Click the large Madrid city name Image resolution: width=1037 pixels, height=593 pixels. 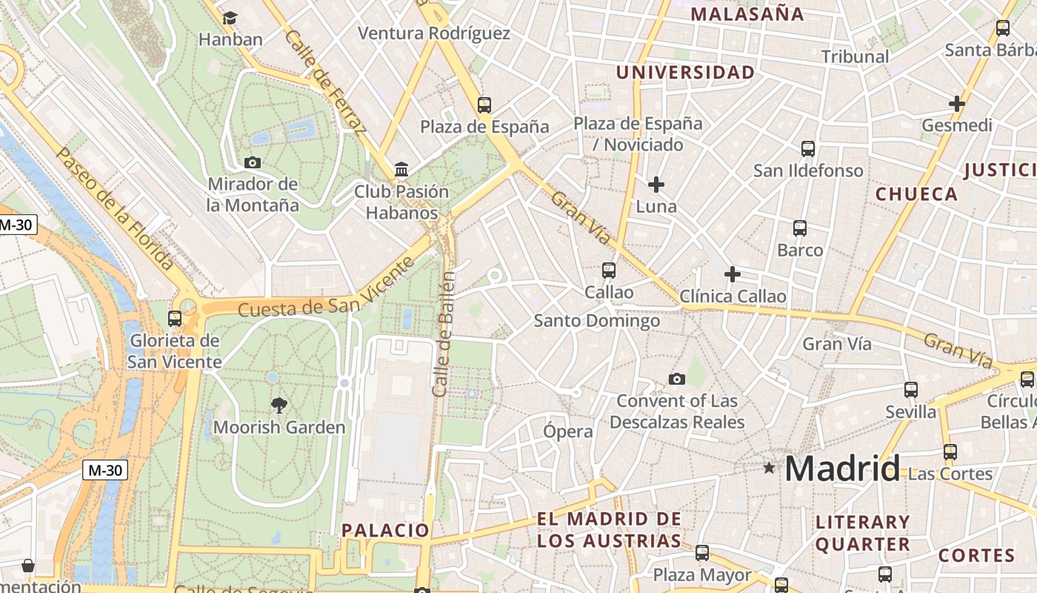click(842, 468)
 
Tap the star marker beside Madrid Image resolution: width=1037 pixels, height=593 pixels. click(770, 468)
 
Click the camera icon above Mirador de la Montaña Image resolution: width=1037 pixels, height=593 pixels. click(253, 162)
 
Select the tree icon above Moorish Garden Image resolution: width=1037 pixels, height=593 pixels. click(279, 405)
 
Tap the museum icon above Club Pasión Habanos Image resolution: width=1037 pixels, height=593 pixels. click(401, 170)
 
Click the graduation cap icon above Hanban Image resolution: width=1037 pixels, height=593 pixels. click(230, 18)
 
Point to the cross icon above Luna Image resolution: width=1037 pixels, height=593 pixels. click(656, 184)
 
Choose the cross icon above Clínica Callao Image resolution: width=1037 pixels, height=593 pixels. click(733, 274)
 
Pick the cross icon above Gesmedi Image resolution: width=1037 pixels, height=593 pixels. click(957, 104)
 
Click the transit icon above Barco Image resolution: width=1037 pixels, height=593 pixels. click(800, 228)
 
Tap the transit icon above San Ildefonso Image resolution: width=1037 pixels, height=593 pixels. click(808, 149)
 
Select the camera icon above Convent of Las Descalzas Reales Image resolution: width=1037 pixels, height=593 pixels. click(677, 380)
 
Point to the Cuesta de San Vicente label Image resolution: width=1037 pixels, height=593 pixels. click(326, 294)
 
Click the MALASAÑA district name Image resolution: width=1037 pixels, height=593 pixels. click(747, 14)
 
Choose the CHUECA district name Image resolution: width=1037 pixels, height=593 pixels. click(916, 194)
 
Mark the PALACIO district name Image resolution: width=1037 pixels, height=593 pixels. click(385, 530)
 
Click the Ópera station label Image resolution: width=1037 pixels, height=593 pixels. click(568, 431)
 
